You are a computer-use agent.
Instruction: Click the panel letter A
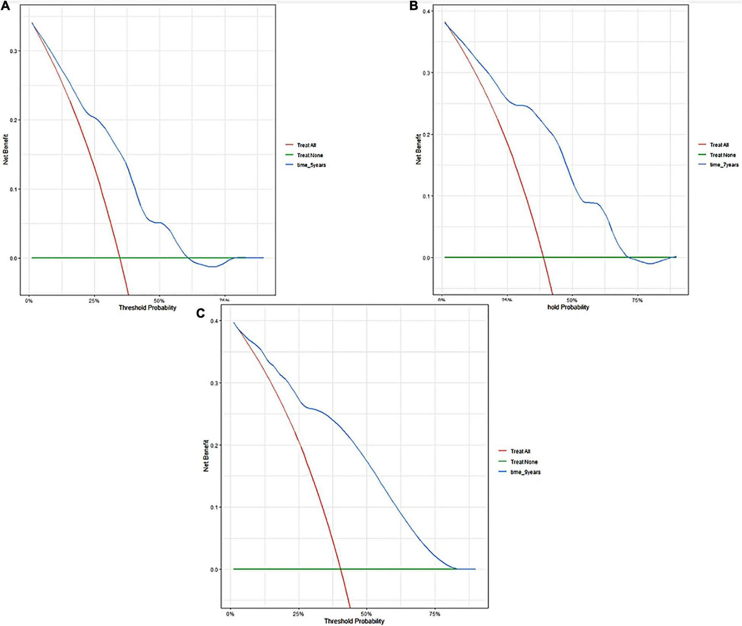point(5,7)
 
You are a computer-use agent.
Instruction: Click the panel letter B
point(414,6)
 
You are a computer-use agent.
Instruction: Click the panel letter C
point(201,313)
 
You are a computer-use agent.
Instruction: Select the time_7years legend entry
point(724,165)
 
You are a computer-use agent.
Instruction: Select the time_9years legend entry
point(526,472)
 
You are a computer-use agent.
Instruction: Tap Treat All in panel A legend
point(307,145)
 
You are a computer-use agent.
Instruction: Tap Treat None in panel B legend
point(722,155)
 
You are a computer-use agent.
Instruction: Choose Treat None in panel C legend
point(524,462)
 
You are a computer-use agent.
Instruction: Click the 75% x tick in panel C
point(435,614)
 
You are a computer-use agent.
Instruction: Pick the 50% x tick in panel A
point(159,300)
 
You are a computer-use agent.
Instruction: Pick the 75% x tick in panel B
point(637,300)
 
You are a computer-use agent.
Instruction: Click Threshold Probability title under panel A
point(147,308)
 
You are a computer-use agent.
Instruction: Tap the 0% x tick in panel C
point(230,614)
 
